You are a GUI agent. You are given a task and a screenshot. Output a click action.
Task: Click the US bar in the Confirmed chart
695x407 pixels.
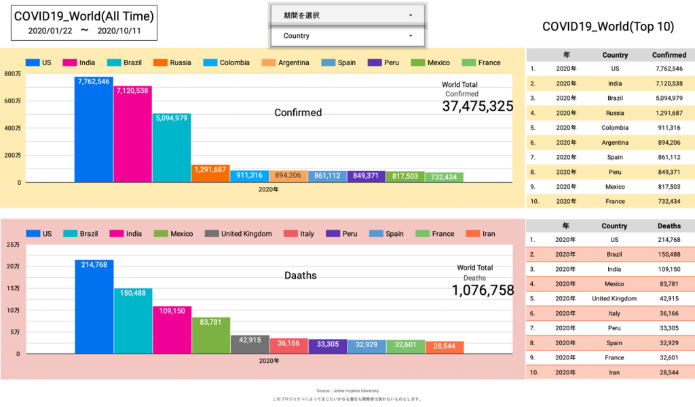click(x=94, y=129)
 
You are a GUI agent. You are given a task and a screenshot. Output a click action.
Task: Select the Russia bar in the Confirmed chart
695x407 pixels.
click(x=210, y=174)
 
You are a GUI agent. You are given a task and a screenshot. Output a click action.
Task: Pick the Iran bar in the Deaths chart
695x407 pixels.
click(x=445, y=347)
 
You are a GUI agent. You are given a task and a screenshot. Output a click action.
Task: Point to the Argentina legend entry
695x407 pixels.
click(x=285, y=63)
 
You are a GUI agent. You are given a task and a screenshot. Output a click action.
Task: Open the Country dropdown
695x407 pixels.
click(x=347, y=35)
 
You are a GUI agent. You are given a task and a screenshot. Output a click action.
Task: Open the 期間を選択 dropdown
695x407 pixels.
click(x=347, y=15)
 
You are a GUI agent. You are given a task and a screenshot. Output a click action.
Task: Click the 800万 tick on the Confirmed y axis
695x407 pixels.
click(x=13, y=74)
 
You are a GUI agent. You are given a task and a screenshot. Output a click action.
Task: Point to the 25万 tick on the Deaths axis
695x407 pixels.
click(x=13, y=245)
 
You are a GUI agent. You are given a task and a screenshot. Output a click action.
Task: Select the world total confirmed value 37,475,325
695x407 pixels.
click(x=478, y=106)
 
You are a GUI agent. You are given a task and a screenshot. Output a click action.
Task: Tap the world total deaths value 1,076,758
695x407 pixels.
click(x=483, y=290)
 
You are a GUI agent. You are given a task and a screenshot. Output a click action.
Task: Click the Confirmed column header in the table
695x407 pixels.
click(x=669, y=55)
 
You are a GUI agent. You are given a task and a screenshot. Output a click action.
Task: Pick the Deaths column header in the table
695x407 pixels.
click(x=669, y=226)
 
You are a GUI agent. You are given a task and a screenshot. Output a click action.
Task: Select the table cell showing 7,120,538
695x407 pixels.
click(x=669, y=84)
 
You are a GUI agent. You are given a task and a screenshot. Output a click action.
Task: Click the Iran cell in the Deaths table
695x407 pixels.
click(x=614, y=372)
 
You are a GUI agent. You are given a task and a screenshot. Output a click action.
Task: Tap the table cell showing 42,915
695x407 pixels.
click(x=669, y=298)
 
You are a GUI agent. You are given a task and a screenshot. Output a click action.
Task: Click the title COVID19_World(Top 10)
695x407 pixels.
click(x=608, y=26)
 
